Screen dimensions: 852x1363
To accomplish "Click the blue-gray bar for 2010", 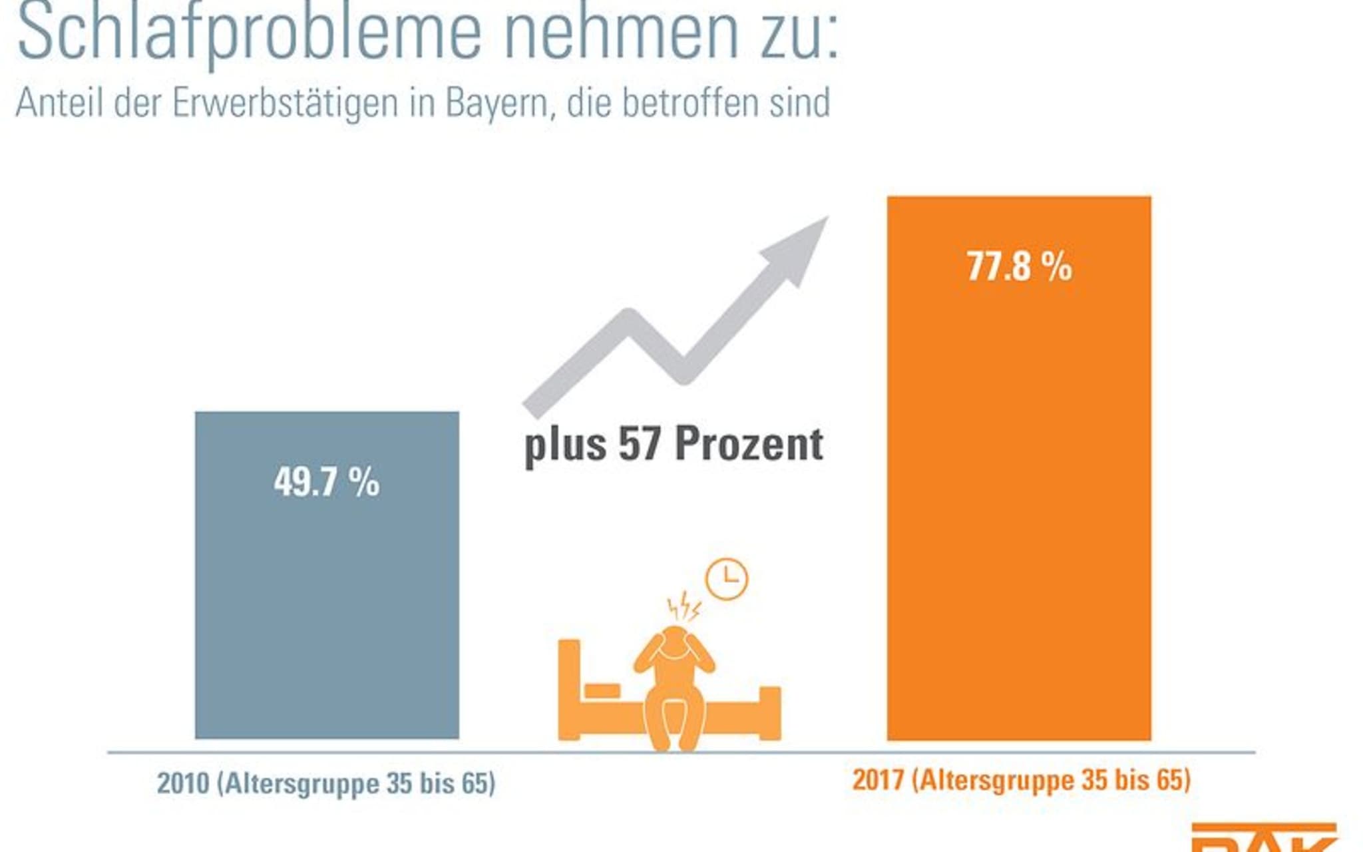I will tap(327, 599).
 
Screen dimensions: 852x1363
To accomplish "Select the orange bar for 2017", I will tap(1018, 499).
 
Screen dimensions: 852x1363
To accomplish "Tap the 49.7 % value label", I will tap(326, 482).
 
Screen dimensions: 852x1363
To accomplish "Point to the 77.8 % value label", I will tap(1019, 266).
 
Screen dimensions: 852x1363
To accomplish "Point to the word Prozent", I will tap(749, 444).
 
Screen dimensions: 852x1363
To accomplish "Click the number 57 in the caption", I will tap(639, 444).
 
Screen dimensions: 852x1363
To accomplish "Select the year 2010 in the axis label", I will tap(182, 783).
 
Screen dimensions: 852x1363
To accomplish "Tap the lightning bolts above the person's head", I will tap(683, 606).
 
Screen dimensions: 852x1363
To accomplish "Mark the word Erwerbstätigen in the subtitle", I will tap(285, 103).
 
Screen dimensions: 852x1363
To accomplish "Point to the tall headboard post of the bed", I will tap(569, 689).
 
